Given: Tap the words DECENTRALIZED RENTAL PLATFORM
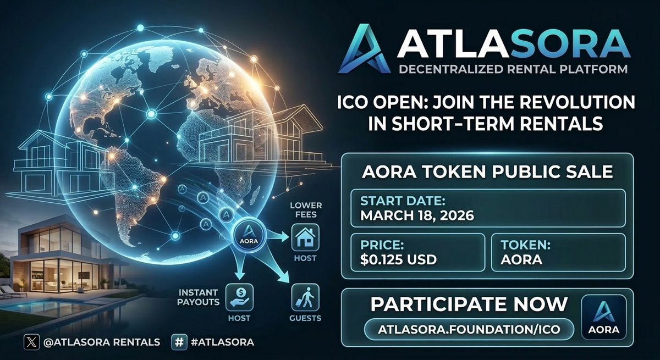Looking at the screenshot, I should click(506, 70).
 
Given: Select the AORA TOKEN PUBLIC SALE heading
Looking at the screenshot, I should click(487, 171).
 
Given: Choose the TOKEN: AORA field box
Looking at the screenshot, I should click(558, 252).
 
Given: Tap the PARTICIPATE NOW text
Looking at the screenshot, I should click(469, 304).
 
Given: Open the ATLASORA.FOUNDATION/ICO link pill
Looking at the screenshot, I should click(469, 329).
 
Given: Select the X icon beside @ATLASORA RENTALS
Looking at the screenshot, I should click(31, 342).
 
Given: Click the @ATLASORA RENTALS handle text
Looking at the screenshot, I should click(102, 342).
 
